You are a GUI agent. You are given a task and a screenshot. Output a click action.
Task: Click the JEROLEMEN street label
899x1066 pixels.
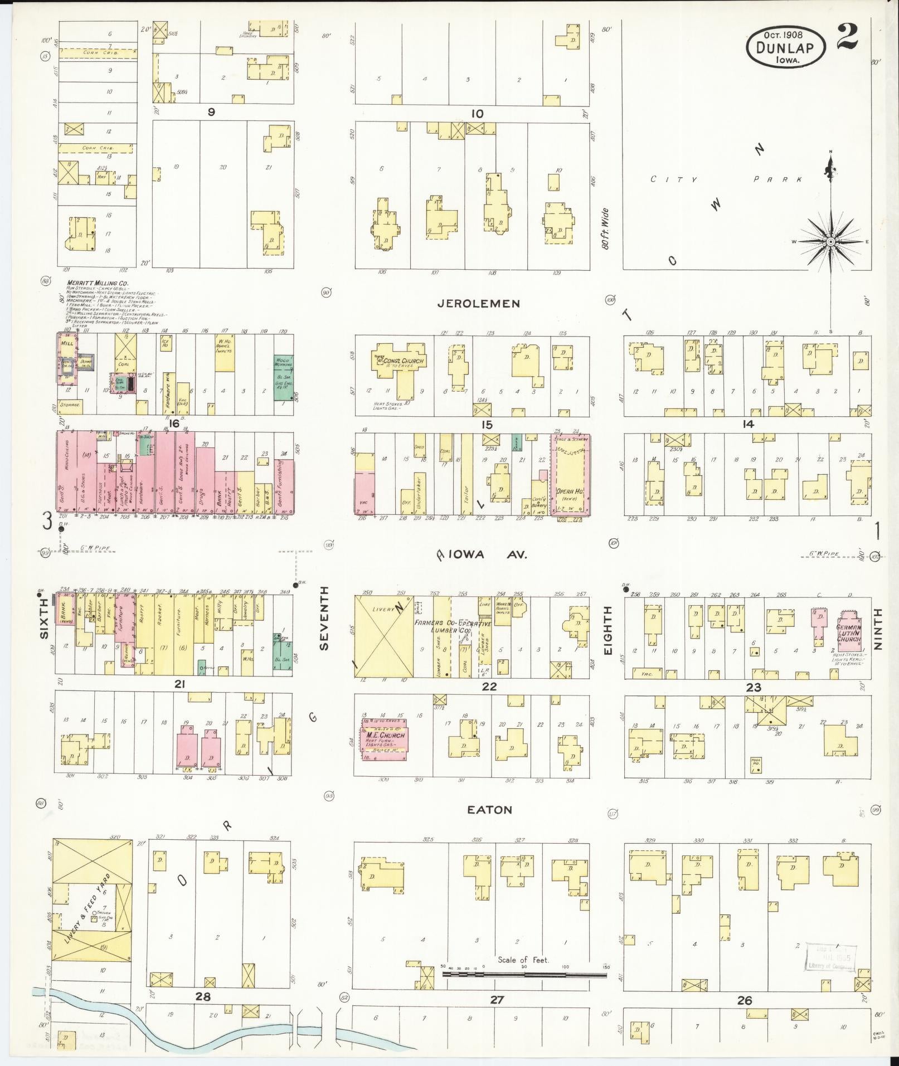[x=479, y=304]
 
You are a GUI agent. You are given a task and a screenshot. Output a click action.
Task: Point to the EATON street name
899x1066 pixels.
[x=490, y=810]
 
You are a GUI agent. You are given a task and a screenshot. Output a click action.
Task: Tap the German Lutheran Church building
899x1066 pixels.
[x=848, y=632]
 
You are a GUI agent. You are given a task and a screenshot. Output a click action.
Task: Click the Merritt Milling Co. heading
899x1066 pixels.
[x=97, y=283]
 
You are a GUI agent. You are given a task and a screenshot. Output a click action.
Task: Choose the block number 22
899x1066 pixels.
[x=489, y=687]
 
